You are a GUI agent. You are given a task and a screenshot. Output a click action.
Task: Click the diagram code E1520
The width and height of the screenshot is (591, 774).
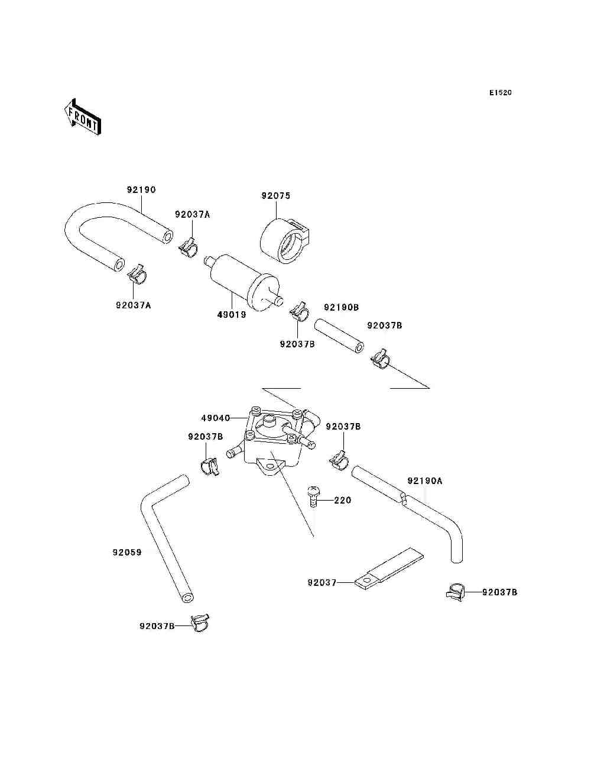coord(500,93)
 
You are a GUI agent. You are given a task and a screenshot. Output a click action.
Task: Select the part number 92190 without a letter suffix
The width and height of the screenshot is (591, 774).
coord(141,190)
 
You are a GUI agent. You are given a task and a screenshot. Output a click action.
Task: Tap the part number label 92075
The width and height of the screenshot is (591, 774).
coord(276,196)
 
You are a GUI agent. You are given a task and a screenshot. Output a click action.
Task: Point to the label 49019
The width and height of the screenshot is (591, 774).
coord(232,315)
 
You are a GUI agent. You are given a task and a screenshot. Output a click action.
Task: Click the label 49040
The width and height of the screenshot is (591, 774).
coord(216,418)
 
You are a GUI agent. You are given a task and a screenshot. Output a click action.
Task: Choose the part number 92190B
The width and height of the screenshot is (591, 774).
coord(341,308)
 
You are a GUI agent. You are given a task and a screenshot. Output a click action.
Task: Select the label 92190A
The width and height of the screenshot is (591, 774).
coord(425,480)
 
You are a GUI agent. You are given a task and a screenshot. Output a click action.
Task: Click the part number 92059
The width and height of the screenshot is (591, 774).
coord(127,553)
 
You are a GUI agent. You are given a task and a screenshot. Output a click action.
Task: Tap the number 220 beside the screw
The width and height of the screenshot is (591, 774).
coord(343,500)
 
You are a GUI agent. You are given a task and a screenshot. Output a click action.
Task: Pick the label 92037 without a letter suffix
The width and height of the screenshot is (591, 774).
coord(322,583)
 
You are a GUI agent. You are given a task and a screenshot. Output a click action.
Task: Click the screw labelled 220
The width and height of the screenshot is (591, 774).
coord(313,496)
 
